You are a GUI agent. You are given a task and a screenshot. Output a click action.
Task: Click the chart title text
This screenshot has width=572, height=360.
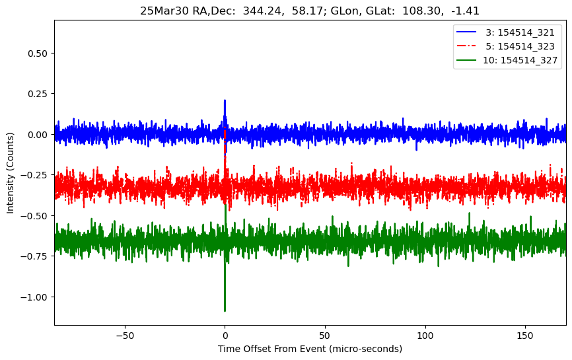point(310,11)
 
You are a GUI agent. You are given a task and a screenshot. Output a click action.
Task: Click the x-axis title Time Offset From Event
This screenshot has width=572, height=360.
point(310,349)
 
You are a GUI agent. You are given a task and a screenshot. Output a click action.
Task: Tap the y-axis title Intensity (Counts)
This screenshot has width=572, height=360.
point(11,171)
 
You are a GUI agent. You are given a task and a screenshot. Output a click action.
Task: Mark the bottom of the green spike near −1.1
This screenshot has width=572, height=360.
point(225,310)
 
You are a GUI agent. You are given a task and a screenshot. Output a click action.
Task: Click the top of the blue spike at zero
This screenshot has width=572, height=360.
point(225,100)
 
